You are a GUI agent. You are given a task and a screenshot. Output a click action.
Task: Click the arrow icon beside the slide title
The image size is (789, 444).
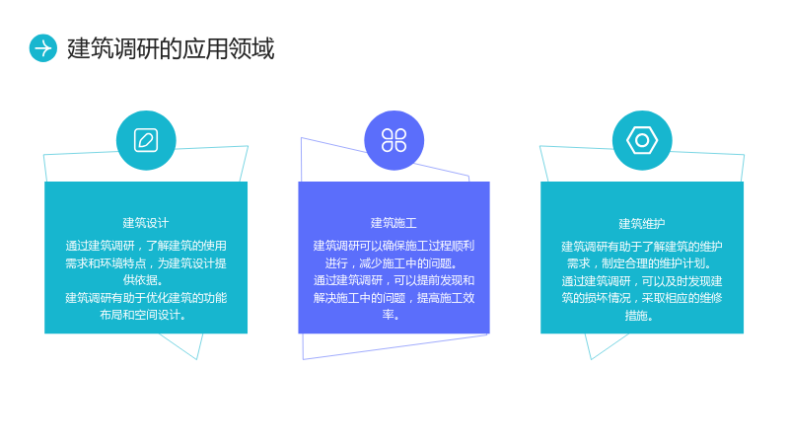pyautogui.click(x=43, y=48)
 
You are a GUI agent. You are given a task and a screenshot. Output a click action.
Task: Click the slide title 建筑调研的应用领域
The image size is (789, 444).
pyautogui.click(x=171, y=48)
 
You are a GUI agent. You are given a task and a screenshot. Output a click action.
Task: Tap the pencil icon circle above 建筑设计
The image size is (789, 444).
pyautogui.click(x=146, y=140)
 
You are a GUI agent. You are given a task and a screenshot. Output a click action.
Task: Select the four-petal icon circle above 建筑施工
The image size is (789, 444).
pyautogui.click(x=394, y=140)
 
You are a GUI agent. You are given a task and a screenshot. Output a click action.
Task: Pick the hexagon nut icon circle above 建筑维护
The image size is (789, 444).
pyautogui.click(x=642, y=140)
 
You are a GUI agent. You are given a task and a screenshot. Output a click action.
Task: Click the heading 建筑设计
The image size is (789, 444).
pyautogui.click(x=146, y=223)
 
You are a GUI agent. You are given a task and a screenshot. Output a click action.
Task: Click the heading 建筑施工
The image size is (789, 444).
pyautogui.click(x=394, y=223)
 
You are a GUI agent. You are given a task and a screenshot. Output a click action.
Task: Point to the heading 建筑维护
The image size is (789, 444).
pyautogui.click(x=642, y=224)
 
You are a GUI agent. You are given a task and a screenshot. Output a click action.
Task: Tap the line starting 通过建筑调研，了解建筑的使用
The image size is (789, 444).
pyautogui.click(x=146, y=246)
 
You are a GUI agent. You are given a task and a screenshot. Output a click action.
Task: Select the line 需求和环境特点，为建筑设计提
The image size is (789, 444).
pyautogui.click(x=146, y=263)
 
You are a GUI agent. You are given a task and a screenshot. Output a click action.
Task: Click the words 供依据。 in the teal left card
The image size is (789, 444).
pyautogui.click(x=143, y=280)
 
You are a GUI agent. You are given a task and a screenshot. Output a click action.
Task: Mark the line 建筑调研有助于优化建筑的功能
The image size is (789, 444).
pyautogui.click(x=146, y=298)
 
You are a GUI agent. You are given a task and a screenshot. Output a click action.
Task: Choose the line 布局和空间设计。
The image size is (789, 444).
pyautogui.click(x=143, y=315)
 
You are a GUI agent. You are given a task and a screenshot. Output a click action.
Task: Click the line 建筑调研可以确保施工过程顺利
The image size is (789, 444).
pyautogui.click(x=394, y=246)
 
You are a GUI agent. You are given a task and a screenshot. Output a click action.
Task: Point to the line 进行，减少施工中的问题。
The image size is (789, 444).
pyautogui.click(x=392, y=263)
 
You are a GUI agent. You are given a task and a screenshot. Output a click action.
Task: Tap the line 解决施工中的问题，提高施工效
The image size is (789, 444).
pyautogui.click(x=394, y=298)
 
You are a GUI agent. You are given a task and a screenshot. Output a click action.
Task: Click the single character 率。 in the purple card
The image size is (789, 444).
pyautogui.click(x=391, y=315)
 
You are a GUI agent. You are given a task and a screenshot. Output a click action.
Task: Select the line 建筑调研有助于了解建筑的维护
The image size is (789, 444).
pyautogui.click(x=642, y=246)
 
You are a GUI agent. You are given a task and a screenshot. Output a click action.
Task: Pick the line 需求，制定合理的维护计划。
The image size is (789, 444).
pyautogui.click(x=639, y=263)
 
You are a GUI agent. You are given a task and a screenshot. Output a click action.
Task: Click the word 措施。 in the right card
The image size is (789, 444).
pyautogui.click(x=639, y=316)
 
